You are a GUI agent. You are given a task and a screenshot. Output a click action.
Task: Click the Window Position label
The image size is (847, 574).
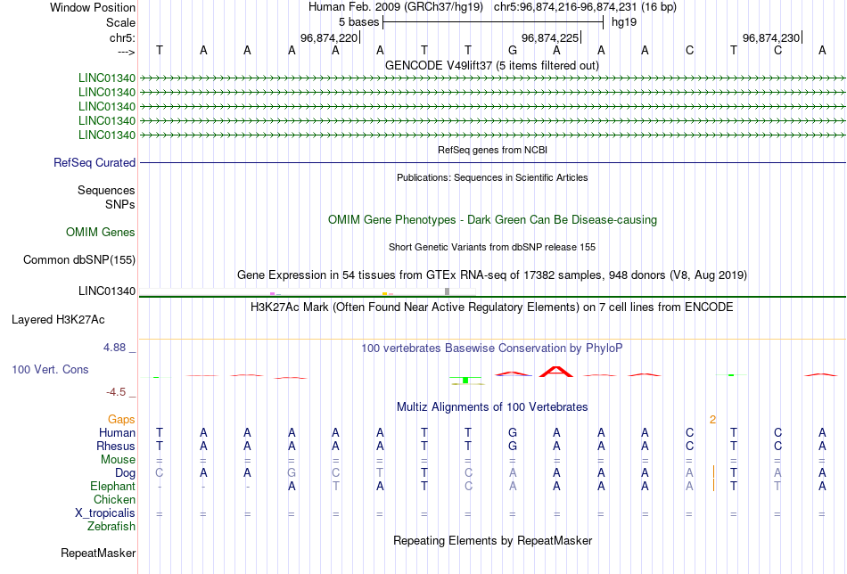click(x=93, y=7)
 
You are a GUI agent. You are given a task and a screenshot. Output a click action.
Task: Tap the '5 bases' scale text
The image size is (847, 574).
click(x=358, y=22)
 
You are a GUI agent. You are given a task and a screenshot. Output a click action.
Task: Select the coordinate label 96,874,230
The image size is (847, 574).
click(x=771, y=37)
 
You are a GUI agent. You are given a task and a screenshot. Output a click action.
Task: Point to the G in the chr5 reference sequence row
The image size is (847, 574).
click(x=513, y=50)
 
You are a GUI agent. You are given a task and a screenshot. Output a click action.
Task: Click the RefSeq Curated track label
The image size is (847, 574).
click(x=95, y=162)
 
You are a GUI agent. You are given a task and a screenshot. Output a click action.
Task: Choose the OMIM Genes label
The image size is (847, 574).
click(x=101, y=233)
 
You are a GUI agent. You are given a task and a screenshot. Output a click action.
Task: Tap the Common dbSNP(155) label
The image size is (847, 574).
click(x=79, y=259)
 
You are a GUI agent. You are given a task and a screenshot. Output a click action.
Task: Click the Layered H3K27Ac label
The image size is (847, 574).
click(x=58, y=320)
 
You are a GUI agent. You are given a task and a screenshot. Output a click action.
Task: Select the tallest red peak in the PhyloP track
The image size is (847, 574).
click(x=556, y=372)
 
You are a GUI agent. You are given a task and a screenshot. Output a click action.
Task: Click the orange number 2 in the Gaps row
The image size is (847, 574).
click(x=713, y=420)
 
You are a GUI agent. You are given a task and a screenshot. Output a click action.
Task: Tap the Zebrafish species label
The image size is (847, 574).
click(x=111, y=526)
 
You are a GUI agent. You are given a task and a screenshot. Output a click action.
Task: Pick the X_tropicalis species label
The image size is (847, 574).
click(x=105, y=513)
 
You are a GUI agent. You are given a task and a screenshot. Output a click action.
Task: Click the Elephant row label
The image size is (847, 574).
click(x=113, y=486)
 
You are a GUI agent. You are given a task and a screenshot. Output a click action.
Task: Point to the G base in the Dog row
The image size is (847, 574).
click(x=292, y=473)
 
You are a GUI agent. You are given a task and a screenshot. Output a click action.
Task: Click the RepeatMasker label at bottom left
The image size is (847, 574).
click(x=98, y=553)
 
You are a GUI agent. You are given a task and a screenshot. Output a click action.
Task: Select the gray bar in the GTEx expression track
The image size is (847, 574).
click(x=448, y=291)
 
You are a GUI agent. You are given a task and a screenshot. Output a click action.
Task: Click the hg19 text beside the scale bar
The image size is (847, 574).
click(x=624, y=22)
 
